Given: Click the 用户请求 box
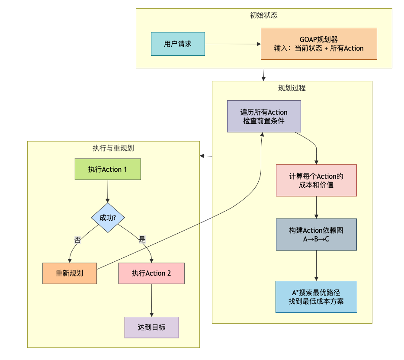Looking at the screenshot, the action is tap(178, 44).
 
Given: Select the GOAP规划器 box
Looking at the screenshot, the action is tap(319, 44).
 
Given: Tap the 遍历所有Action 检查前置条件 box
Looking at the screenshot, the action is tap(264, 116).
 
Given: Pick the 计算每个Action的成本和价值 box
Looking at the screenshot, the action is tap(316, 180).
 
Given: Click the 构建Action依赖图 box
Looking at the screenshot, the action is tap(316, 235).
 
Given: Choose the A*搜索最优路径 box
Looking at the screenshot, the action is tap(316, 297).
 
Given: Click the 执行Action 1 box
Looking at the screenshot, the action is tap(108, 169).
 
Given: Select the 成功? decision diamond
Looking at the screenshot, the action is tap(108, 218).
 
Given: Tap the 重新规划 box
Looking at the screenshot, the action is tap(70, 273).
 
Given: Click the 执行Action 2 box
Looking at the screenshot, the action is tap(151, 273).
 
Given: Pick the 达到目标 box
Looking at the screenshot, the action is tap(151, 328).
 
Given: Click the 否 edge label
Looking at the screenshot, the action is tap(77, 240).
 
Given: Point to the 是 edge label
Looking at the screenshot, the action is tap(142, 239).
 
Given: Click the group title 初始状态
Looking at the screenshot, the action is tap(264, 15).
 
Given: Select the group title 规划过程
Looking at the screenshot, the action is tap(292, 88).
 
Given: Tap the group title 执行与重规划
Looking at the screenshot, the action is tap(113, 148).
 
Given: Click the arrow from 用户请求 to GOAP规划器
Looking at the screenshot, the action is tap(233, 44).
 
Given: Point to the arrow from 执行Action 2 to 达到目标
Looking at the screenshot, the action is tap(151, 300).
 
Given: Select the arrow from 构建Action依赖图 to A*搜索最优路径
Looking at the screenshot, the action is tap(316, 266).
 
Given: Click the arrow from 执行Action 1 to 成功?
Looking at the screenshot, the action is tap(108, 191).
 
